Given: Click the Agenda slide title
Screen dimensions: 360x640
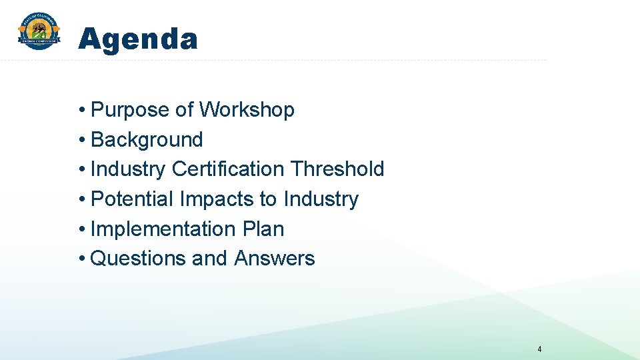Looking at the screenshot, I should coord(138,39).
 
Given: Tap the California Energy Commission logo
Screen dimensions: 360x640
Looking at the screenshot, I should coord(39,31).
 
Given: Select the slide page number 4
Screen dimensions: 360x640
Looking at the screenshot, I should coord(539,349).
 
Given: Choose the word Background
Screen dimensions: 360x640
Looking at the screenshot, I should coord(147,139).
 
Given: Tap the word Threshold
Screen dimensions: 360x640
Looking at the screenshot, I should coord(337,169).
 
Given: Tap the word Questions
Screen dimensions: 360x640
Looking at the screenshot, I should coord(138,258).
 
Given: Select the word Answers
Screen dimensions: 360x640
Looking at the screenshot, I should coord(275,258).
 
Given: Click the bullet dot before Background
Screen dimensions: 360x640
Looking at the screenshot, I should coord(81,140).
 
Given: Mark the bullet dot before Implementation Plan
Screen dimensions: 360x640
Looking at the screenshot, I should coord(81,229).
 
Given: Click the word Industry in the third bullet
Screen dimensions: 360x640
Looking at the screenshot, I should coord(128,169).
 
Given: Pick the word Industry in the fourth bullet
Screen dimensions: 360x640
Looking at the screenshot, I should coord(321,199).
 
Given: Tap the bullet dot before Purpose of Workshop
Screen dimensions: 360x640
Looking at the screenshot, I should coord(81,110).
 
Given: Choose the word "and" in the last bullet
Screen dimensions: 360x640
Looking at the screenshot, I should coord(209,258).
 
